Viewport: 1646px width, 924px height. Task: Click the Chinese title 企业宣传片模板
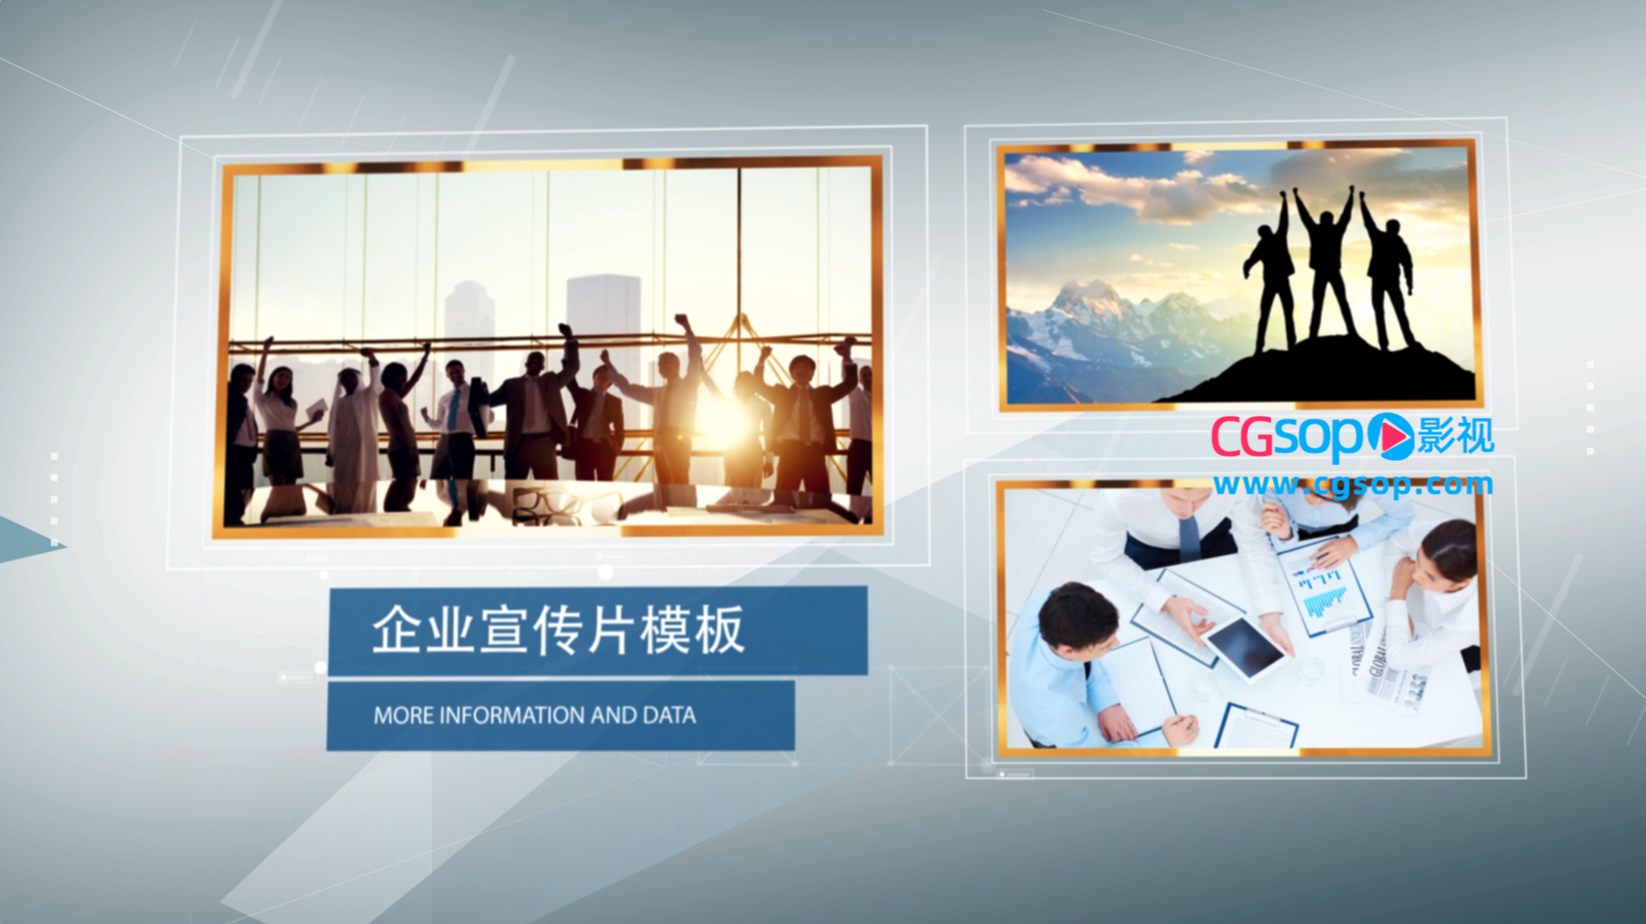(x=558, y=630)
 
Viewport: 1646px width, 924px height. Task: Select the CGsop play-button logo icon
(x=1390, y=436)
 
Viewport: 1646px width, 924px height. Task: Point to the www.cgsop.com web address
(x=1353, y=485)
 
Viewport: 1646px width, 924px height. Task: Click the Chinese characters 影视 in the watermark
(x=1456, y=436)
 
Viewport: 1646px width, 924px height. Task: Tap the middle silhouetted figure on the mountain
(x=1327, y=262)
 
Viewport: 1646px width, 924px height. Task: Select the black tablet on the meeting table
(x=1245, y=646)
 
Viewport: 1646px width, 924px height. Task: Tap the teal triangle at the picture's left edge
(x=26, y=541)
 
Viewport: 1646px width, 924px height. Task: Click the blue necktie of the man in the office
(x=453, y=409)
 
